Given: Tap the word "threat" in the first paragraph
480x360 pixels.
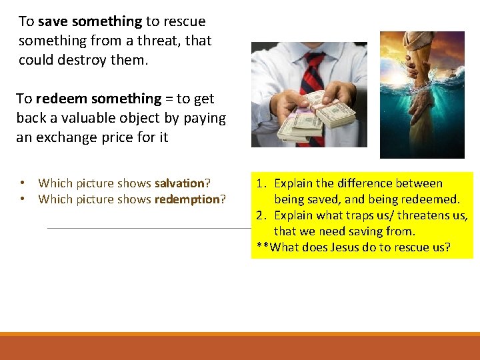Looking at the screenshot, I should pyautogui.click(x=163, y=41).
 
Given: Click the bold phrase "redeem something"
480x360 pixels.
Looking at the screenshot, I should pyautogui.click(x=98, y=99).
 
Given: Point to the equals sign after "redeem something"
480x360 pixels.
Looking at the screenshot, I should pyautogui.click(x=169, y=99).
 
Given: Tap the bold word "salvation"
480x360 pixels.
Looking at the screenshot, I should pyautogui.click(x=179, y=183).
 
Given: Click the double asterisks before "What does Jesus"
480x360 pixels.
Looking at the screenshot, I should pyautogui.click(x=262, y=248).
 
